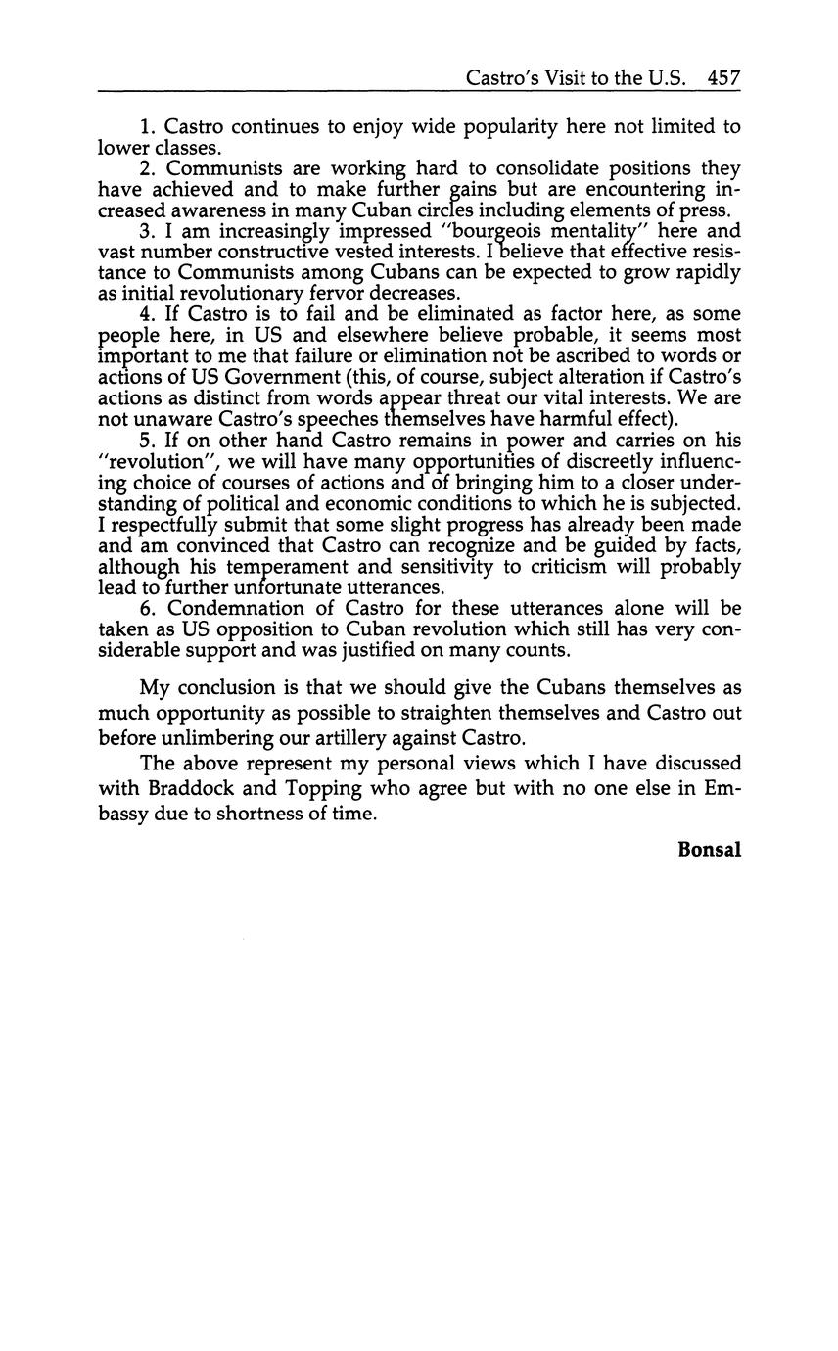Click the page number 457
pos(723,78)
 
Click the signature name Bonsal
pos(709,850)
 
